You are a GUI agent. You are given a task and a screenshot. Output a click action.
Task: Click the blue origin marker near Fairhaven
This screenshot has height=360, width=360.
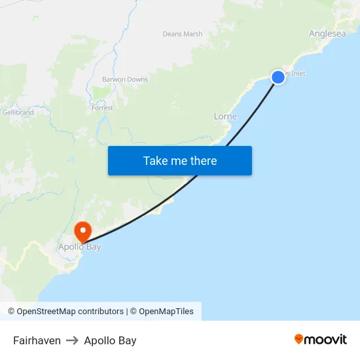tap(278, 77)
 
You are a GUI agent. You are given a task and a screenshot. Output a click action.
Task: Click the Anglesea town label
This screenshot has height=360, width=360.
tap(327, 34)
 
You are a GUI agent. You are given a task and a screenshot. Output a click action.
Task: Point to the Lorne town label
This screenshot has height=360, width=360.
tap(225, 117)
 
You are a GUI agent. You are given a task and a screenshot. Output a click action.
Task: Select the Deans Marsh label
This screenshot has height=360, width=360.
tap(183, 34)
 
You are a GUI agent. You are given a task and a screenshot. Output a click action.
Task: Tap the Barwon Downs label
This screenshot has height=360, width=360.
tap(125, 80)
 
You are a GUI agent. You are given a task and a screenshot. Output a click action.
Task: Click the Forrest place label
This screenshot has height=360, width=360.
tap(102, 108)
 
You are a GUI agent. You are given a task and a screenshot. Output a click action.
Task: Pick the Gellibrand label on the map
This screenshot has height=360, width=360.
tap(18, 113)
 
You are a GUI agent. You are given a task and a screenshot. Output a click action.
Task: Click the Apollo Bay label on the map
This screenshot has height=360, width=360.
tap(79, 247)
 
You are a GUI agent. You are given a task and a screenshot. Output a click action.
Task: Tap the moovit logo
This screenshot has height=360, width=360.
tap(321, 340)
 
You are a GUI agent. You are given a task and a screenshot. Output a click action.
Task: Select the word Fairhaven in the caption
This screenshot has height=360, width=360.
tap(37, 340)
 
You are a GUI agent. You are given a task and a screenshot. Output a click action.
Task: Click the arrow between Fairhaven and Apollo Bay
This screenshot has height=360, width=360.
tap(72, 340)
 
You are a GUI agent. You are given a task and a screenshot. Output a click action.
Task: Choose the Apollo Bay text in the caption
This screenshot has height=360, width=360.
tap(110, 340)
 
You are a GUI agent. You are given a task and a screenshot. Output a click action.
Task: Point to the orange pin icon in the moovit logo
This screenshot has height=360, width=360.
tap(299, 339)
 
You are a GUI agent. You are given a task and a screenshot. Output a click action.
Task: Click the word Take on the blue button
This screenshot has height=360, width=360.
tap(155, 161)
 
